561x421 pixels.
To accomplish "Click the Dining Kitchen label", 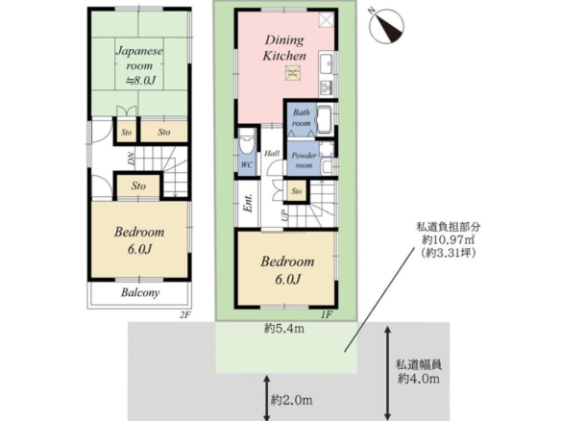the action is pyautogui.click(x=284, y=48).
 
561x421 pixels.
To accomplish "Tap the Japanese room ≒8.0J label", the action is pyautogui.click(x=139, y=65).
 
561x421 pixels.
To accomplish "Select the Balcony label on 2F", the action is pyautogui.click(x=140, y=292).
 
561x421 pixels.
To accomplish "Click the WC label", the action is pyautogui.click(x=247, y=164).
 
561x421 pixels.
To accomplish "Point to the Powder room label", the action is pyautogui.click(x=304, y=160).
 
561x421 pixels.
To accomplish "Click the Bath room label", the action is pyautogui.click(x=302, y=118).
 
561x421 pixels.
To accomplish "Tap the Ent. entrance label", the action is pyautogui.click(x=248, y=204).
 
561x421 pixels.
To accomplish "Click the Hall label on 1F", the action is pyautogui.click(x=272, y=154).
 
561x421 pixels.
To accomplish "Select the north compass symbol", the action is pyautogui.click(x=387, y=27).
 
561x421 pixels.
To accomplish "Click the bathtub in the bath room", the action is pyautogui.click(x=325, y=120).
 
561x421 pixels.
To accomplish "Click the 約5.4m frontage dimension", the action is pyautogui.click(x=284, y=329).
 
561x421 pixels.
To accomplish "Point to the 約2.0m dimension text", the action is pyautogui.click(x=292, y=400).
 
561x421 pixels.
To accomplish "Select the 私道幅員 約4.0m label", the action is pyautogui.click(x=419, y=372).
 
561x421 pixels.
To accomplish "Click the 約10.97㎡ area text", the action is pyautogui.click(x=449, y=239).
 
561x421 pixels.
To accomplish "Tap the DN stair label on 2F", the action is pyautogui.click(x=132, y=159).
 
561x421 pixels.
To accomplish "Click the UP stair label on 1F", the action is pyautogui.click(x=284, y=215).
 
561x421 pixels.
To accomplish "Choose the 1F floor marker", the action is pyautogui.click(x=327, y=314).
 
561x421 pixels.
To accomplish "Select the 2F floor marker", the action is pyautogui.click(x=185, y=315).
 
